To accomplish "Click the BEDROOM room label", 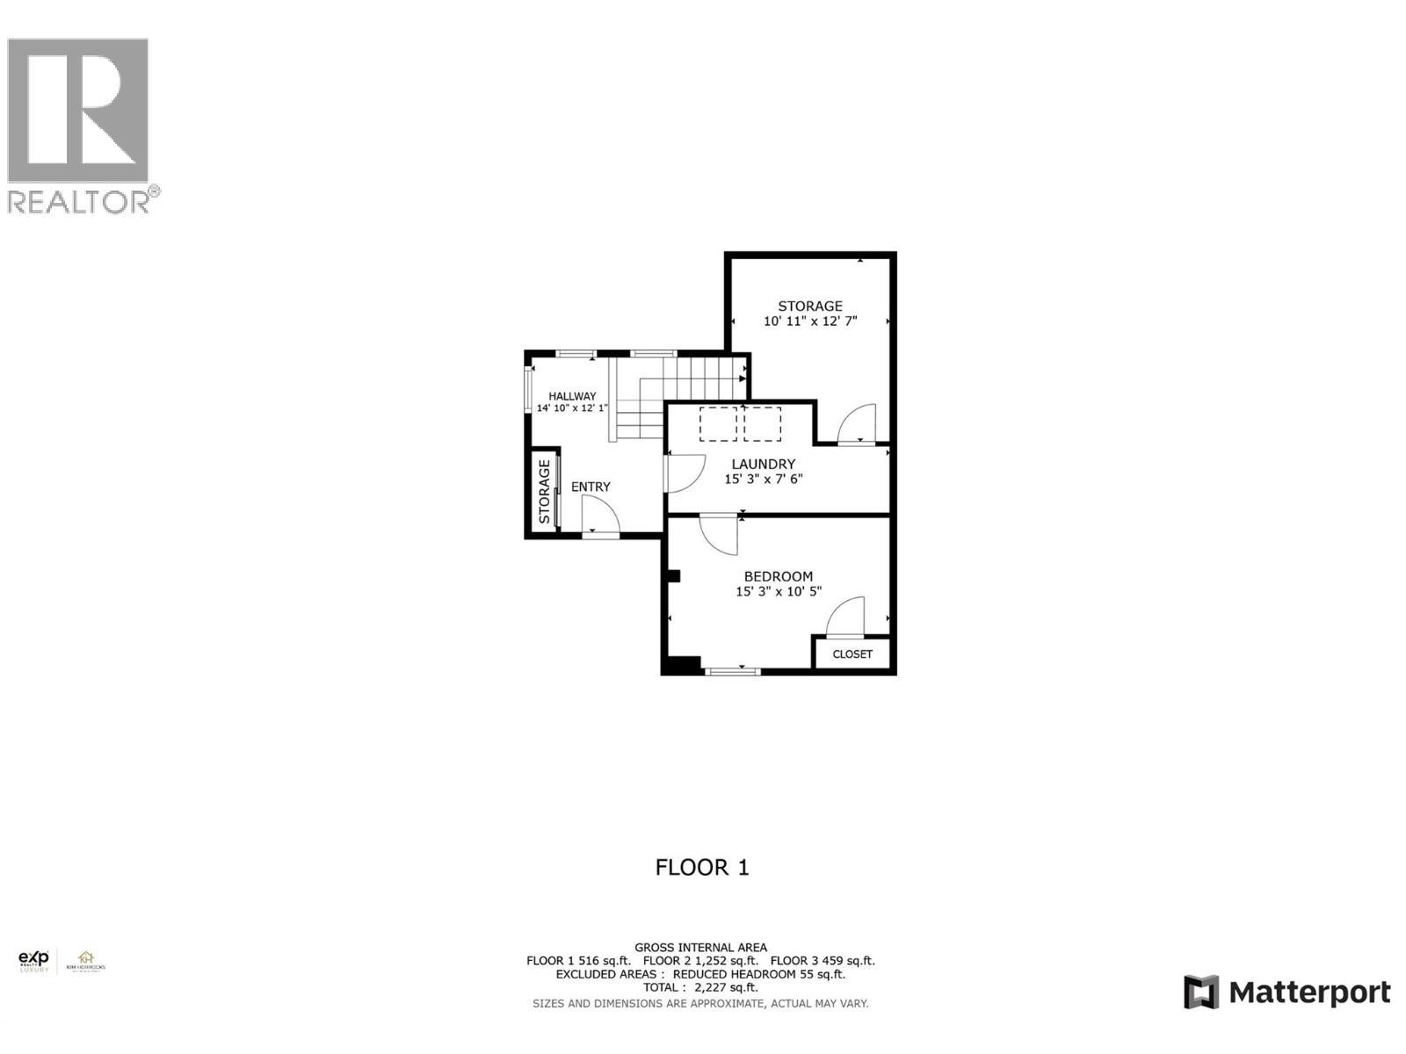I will click(x=778, y=576).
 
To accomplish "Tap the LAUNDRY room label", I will click(x=763, y=464).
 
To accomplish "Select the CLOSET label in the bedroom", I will click(x=852, y=654).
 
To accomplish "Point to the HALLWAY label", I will click(x=572, y=396).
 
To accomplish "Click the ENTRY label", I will click(x=591, y=487).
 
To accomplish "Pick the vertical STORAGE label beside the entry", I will click(x=545, y=492).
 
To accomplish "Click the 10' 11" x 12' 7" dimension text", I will click(x=810, y=321).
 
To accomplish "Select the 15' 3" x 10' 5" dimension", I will click(x=778, y=592).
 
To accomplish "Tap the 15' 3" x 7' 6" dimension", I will click(x=763, y=480).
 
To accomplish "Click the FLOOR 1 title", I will click(x=702, y=868).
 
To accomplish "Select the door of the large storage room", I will click(x=857, y=424).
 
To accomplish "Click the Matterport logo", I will click(x=1286, y=993).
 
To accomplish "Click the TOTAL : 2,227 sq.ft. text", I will click(x=701, y=987).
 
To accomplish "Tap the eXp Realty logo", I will click(x=34, y=961).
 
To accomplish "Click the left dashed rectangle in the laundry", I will click(x=718, y=423).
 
